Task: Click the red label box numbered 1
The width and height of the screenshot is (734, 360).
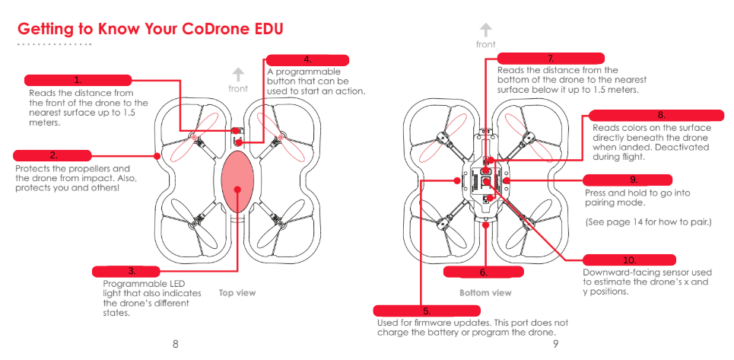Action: coord(78,80)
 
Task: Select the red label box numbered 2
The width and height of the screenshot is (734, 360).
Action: coord(52,155)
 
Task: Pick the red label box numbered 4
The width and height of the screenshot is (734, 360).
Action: coord(307,60)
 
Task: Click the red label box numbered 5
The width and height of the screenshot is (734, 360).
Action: coord(427,311)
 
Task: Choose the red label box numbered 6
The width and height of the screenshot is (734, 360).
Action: coord(484,272)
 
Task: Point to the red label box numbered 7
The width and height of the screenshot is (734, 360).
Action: coord(551,59)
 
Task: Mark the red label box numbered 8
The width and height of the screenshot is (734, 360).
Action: coord(656,116)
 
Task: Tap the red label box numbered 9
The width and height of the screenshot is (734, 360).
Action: coord(628,180)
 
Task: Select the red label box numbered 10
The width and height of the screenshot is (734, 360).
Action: coord(629,260)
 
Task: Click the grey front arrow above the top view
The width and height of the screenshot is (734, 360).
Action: coord(238,75)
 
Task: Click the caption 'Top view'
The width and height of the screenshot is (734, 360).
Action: coord(237,293)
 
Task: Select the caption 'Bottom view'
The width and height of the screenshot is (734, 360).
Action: coord(485,293)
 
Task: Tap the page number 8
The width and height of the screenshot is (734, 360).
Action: coord(176,345)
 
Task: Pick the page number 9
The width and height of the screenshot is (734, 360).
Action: coord(555,345)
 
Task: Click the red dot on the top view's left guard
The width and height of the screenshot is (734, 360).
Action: coord(157,156)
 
